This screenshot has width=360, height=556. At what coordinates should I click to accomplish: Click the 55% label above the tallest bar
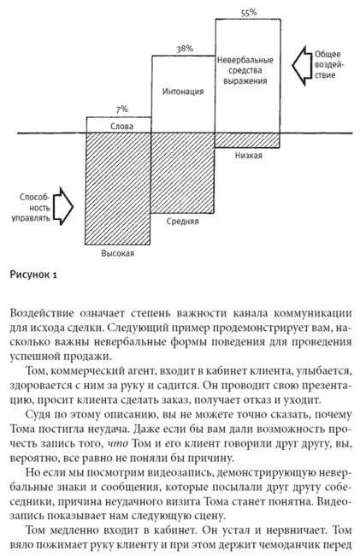(248, 13)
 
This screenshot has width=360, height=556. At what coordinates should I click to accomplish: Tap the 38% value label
(183, 50)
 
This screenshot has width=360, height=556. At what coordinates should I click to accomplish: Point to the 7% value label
(121, 109)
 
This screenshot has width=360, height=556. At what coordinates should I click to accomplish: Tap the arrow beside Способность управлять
(61, 206)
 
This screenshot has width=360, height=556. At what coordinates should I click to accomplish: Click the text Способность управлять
(28, 206)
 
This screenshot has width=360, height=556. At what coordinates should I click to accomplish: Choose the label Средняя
(183, 221)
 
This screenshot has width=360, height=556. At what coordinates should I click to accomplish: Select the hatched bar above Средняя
(183, 171)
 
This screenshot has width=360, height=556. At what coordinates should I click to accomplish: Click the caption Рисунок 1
(33, 276)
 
